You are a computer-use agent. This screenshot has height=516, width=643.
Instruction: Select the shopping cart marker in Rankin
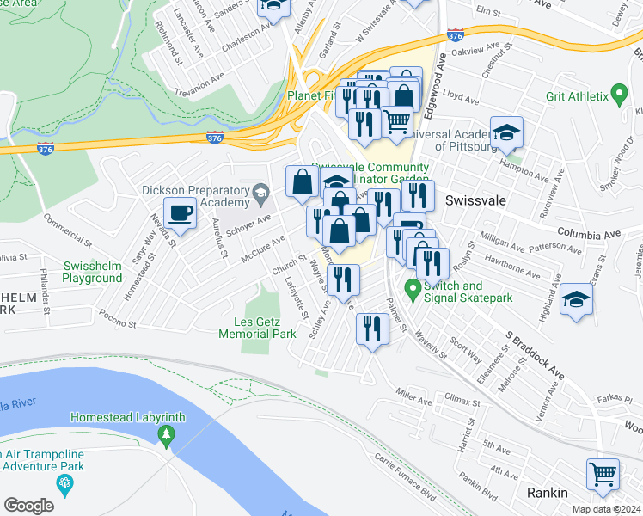click(x=603, y=474)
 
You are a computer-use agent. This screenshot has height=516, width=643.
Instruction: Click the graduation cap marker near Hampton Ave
click(x=507, y=133)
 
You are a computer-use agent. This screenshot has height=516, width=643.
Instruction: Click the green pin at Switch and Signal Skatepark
click(x=412, y=289)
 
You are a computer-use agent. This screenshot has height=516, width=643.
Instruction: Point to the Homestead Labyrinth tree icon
click(x=165, y=435)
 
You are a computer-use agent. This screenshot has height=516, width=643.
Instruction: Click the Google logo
click(x=28, y=506)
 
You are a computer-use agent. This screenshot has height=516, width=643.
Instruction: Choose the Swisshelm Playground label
click(x=93, y=272)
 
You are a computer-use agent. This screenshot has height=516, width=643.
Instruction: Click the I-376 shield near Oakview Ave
click(x=456, y=36)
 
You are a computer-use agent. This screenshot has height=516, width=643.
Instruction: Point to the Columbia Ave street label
click(x=588, y=233)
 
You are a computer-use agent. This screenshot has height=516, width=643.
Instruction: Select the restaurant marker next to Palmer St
click(x=372, y=329)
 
